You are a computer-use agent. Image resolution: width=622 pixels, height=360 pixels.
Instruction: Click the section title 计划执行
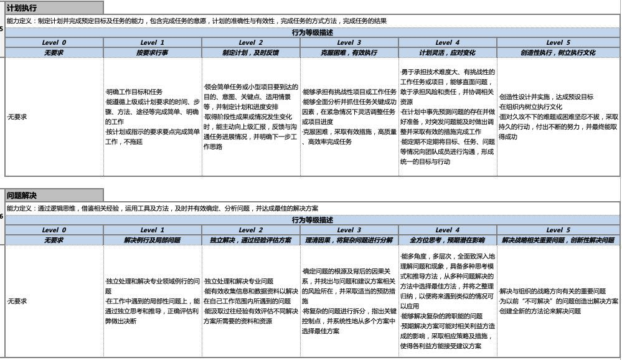click(x=22, y=8)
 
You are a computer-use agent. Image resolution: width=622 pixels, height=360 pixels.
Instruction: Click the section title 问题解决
click(x=22, y=195)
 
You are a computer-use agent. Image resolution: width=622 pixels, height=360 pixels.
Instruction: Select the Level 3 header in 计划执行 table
click(x=349, y=43)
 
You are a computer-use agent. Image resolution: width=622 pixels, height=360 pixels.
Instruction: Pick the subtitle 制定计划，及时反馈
click(x=251, y=53)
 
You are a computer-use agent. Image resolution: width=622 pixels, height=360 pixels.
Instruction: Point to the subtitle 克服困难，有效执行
click(x=349, y=53)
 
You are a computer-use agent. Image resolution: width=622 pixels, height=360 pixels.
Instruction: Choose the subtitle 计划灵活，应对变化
click(x=447, y=53)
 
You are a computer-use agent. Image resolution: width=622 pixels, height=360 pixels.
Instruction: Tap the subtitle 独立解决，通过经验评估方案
click(x=251, y=240)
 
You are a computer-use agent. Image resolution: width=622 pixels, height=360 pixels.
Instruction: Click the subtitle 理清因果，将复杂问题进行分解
click(x=349, y=240)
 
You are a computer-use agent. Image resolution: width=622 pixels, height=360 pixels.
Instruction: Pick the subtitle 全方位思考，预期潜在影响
click(x=447, y=240)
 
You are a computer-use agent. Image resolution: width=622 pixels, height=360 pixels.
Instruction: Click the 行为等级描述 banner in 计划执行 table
click(x=312, y=32)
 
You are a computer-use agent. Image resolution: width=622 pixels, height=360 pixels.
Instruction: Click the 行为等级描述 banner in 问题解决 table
click(x=312, y=220)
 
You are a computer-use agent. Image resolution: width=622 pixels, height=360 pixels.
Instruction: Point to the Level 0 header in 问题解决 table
click(x=54, y=230)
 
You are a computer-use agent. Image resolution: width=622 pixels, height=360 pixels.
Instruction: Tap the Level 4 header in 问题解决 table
click(x=447, y=230)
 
